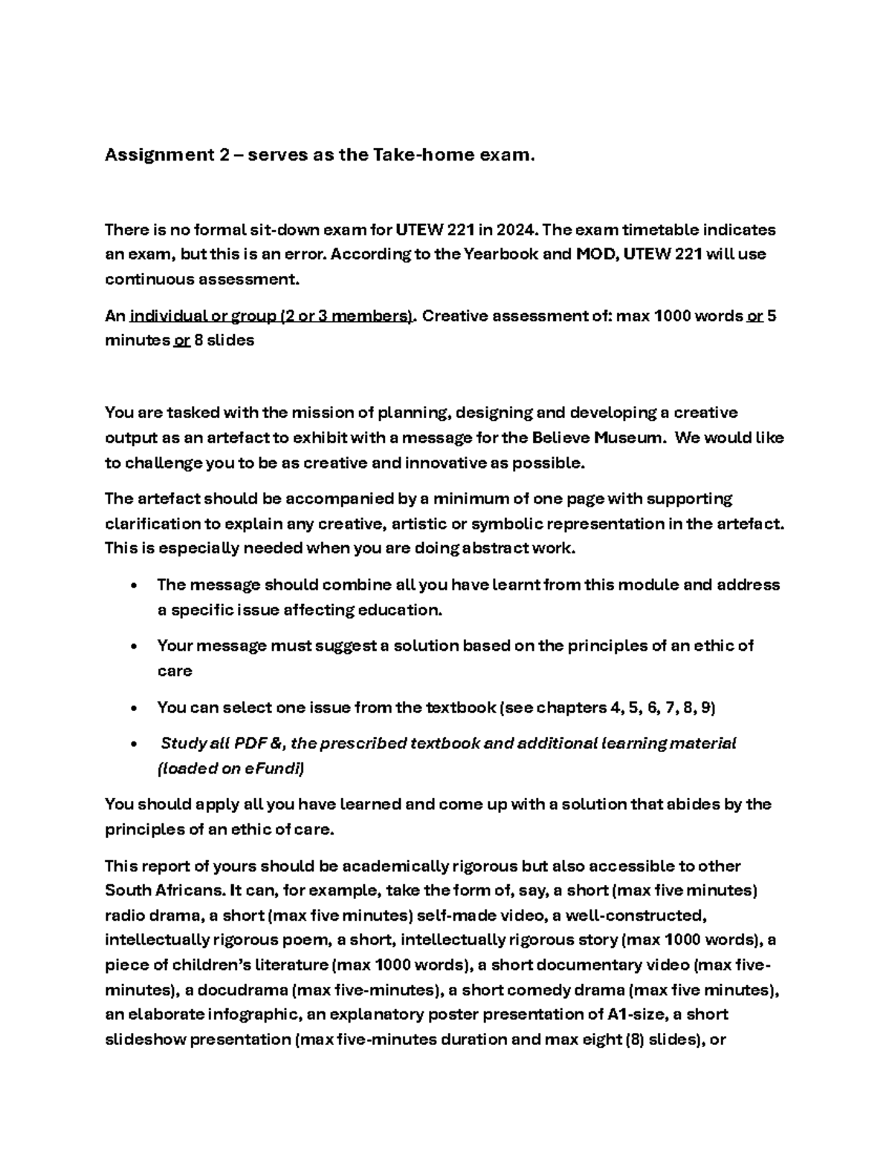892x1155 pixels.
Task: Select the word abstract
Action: click(491, 548)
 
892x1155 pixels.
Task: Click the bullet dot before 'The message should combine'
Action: click(132, 585)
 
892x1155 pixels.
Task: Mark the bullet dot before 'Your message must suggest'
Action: click(132, 646)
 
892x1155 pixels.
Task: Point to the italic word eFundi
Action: click(273, 769)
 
